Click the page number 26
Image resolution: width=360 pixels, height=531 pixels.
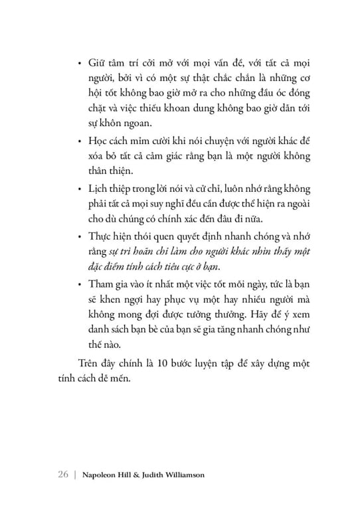click(x=64, y=475)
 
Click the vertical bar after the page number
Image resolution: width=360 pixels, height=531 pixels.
click(x=76, y=475)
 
